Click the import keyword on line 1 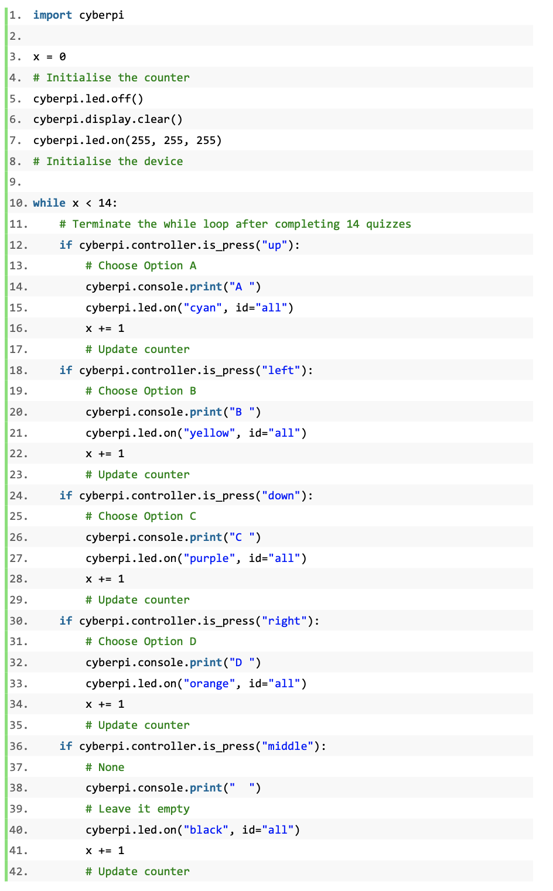point(52,15)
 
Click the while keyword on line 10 point(49,203)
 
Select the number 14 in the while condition point(105,203)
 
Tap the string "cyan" point(203,307)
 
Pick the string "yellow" point(209,433)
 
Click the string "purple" point(209,558)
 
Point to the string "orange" point(209,683)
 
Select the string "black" point(206,830)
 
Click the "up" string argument point(274,245)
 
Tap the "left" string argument point(281,371)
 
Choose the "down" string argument point(281,496)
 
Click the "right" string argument point(284,621)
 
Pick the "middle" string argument point(288,746)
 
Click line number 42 point(18,872)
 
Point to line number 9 point(15,182)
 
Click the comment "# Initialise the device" point(108,161)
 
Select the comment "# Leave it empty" point(137,808)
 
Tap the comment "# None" point(105,767)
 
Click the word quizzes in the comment point(388,224)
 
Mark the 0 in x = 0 point(63,57)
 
